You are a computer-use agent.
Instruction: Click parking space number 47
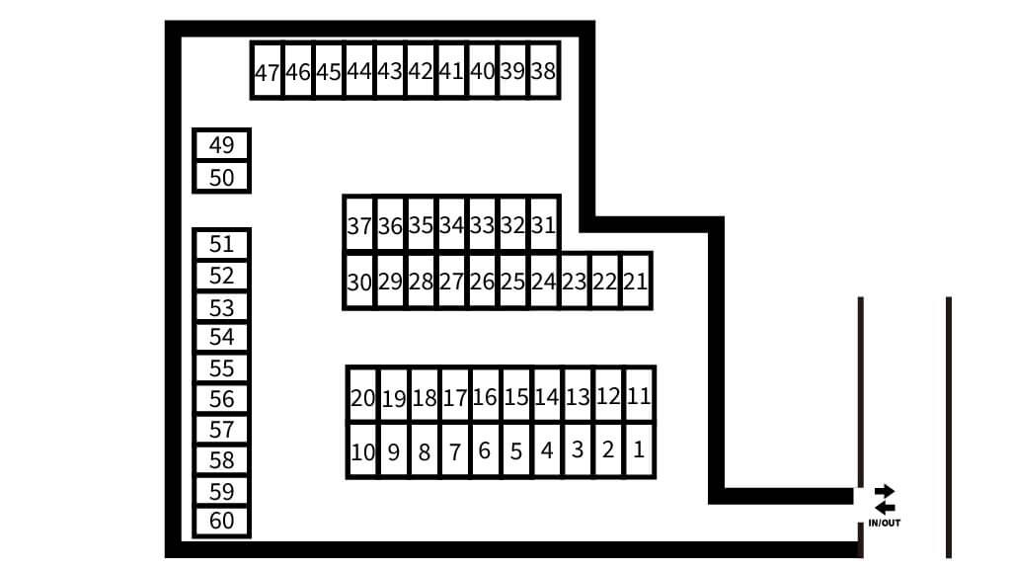pos(267,71)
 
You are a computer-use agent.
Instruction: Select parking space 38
pos(544,71)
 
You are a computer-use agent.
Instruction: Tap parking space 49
pos(221,144)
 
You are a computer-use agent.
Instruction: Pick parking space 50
pos(221,177)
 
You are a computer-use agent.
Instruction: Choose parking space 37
pos(359,224)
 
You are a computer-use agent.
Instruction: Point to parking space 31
pos(544,224)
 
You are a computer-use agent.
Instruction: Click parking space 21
pos(636,281)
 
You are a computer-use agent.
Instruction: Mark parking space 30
pos(359,281)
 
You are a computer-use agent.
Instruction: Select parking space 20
pos(362,395)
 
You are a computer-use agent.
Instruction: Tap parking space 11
pos(639,395)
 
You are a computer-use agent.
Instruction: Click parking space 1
pos(639,450)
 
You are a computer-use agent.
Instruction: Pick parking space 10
pos(362,450)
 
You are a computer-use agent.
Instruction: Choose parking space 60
pos(221,522)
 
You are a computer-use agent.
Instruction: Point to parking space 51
pos(221,245)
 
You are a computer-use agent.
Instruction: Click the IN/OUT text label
pos(884,524)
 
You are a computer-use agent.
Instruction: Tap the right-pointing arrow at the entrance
pos(885,492)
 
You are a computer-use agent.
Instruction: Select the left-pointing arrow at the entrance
pos(885,508)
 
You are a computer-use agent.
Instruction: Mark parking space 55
pos(221,367)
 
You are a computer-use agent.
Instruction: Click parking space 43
pos(390,71)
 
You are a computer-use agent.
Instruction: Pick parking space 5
pos(515,450)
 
